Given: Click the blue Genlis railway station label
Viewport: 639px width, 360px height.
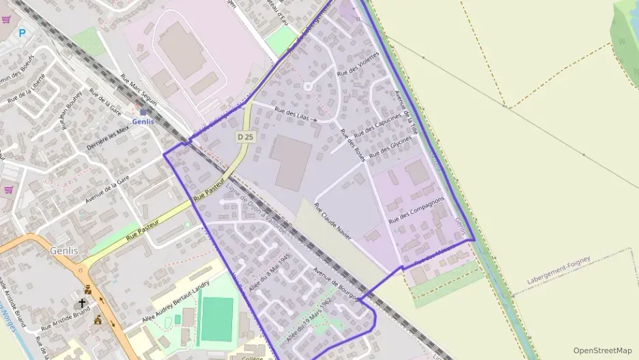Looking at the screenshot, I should click(x=143, y=122).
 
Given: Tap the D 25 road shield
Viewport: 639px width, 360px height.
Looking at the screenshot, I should click(x=246, y=137).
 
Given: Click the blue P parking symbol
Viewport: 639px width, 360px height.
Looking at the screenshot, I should click(x=22, y=32).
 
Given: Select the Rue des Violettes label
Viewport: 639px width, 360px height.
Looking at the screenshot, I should click(x=358, y=64).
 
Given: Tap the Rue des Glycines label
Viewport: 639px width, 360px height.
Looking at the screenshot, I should click(x=390, y=148).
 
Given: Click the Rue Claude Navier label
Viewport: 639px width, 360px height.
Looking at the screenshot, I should click(x=333, y=221).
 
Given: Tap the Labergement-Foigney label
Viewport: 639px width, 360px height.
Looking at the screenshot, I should click(x=558, y=271).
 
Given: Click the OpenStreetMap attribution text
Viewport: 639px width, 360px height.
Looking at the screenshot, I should click(x=602, y=350).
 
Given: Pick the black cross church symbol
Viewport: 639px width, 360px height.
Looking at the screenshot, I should click(x=82, y=303).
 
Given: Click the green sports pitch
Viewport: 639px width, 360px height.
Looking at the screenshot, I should click(x=217, y=320).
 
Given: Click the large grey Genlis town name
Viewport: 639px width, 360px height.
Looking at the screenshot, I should click(x=63, y=251).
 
